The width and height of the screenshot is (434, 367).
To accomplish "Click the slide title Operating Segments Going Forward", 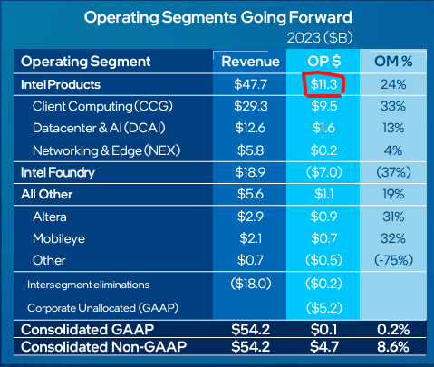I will [218, 17].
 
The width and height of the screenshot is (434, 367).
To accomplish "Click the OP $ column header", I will [322, 62].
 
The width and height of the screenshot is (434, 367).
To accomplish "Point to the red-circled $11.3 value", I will [322, 84].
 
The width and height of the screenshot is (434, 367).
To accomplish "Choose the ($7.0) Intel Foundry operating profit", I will [322, 171].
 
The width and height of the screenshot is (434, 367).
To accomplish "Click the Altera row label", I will [53, 216].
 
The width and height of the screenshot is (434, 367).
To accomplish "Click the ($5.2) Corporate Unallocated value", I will [322, 307].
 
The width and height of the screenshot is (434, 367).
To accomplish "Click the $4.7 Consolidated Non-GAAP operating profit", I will [322, 347].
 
